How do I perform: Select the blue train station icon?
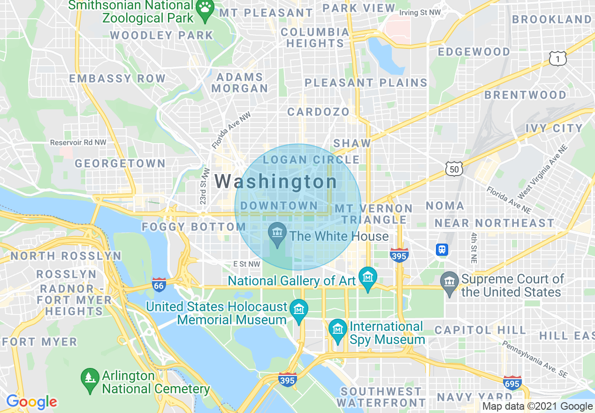pos(442,250)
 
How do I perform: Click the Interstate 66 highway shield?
pos(159,285)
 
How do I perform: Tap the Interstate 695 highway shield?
pos(512,382)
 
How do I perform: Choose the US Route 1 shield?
pos(558,58)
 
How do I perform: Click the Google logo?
pos(31,402)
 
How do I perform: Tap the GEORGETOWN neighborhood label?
pos(120,163)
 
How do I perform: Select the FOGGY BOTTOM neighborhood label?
pos(194,227)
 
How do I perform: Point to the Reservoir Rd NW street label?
pos(78,142)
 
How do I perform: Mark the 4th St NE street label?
pos(473,246)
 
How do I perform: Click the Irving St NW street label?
pos(420,13)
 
